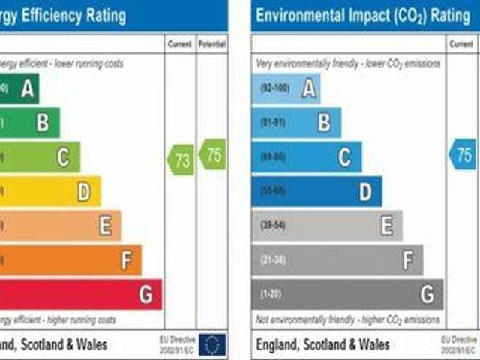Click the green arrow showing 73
181,160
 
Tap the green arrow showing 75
212,154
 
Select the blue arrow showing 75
463,154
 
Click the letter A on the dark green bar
28,89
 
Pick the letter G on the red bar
145,294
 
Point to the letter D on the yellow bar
84,192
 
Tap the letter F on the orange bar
126,260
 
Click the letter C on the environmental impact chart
344,157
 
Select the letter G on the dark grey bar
427,294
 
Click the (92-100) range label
274,88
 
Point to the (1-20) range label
271,294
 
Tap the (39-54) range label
273,226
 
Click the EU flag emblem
213,344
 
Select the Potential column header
212,45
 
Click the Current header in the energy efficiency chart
180,45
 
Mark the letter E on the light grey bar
386,226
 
